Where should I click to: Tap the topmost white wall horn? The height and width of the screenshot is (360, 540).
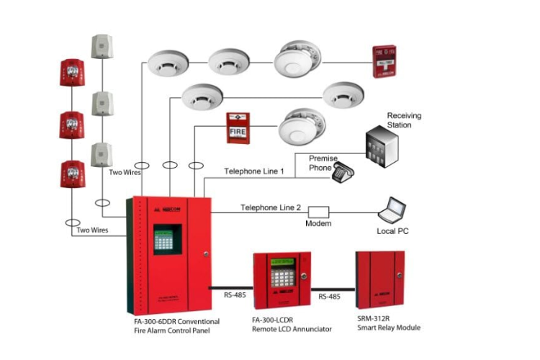(102, 46)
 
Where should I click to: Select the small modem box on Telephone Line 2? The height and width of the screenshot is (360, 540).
(318, 212)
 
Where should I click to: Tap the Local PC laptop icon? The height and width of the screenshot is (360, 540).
(393, 210)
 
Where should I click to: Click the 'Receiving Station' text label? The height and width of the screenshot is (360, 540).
(404, 120)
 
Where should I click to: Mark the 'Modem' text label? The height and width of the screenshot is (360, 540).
(318, 224)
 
